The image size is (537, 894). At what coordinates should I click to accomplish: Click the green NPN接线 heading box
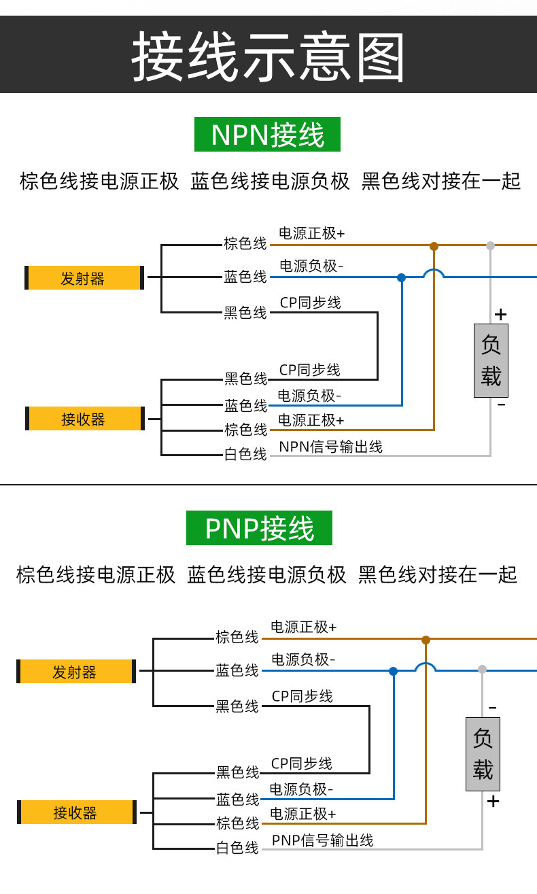[x=267, y=134]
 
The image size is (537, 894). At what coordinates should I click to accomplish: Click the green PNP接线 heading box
[x=260, y=528]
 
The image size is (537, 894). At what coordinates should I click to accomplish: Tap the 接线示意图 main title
[x=268, y=56]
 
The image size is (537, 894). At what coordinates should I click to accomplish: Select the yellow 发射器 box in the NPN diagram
[x=84, y=277]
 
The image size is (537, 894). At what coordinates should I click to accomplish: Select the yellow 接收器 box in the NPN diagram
[x=84, y=418]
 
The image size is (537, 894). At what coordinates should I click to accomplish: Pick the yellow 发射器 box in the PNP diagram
[x=76, y=671]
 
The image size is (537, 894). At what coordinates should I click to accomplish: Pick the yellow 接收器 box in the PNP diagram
[x=77, y=812]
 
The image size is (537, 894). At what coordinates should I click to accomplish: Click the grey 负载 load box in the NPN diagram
[x=491, y=360]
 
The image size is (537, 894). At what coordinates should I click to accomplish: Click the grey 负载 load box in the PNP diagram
[x=483, y=754]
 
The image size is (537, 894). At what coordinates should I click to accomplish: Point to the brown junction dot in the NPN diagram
[x=434, y=246]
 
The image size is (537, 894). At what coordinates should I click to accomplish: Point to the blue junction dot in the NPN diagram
[x=402, y=278]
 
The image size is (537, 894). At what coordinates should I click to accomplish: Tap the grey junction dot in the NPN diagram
[x=490, y=246]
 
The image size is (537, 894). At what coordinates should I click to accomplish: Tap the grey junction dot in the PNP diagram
[x=483, y=669]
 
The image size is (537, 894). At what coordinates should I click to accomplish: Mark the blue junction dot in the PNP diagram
[x=394, y=671]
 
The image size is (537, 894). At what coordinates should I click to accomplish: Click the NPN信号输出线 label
[x=331, y=447]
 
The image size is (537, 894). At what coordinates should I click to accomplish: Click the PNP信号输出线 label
[x=322, y=840]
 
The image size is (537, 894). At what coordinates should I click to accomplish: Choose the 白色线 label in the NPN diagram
[x=245, y=454]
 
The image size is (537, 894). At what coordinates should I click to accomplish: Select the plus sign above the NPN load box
[x=500, y=315]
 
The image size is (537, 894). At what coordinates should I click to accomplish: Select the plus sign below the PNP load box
[x=493, y=801]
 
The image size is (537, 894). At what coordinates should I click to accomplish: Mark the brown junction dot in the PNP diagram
[x=426, y=640]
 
